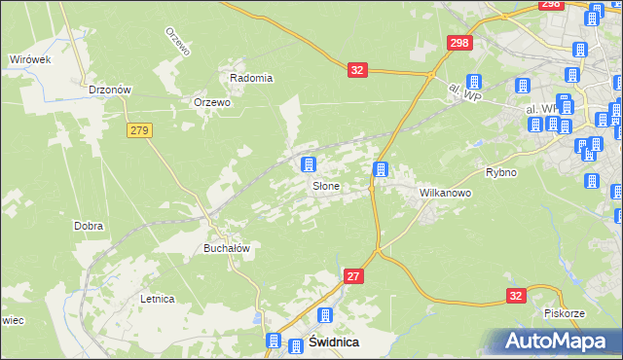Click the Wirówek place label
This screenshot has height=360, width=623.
[x=29, y=59]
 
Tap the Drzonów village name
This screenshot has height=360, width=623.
[x=109, y=90]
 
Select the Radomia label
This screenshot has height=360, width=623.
[x=251, y=78]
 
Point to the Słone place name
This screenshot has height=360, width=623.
[x=325, y=186]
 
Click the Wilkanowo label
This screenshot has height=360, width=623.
[x=445, y=193]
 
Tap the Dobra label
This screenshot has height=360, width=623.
[x=89, y=226]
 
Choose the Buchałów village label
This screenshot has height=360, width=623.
[x=227, y=248]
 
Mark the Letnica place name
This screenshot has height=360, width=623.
[x=157, y=299]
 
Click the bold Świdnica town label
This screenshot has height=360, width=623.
[x=333, y=342]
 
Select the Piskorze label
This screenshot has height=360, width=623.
[x=564, y=314]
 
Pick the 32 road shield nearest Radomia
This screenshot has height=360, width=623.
[x=358, y=70]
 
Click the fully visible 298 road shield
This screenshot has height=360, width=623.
[x=459, y=43]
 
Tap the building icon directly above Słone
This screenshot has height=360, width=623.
[x=309, y=164]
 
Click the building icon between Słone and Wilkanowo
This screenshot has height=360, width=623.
[x=381, y=170]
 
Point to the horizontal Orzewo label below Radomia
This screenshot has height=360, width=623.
[x=212, y=102]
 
